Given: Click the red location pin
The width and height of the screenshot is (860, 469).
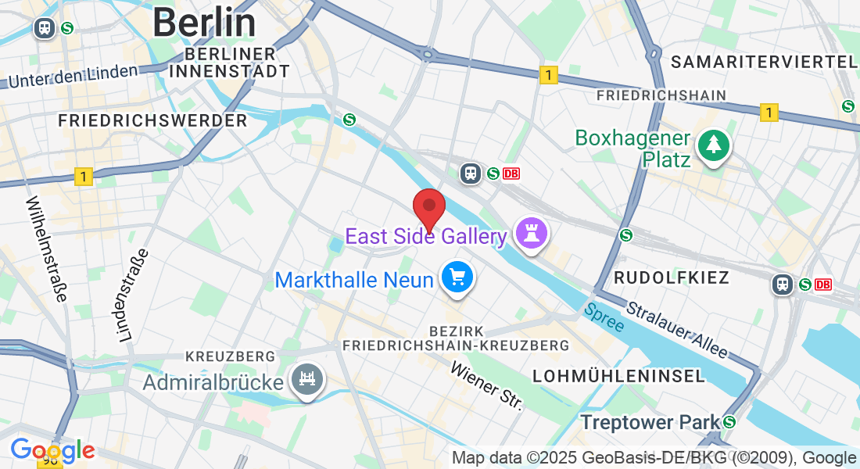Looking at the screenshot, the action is (x=429, y=207).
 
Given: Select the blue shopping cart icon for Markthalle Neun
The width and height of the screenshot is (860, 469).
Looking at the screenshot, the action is (x=457, y=277).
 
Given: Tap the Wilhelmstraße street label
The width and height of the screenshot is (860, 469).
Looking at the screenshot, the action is (x=47, y=249).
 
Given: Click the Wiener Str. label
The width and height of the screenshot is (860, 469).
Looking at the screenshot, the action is (x=486, y=384).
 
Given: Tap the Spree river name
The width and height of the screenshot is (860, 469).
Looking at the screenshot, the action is (x=604, y=316).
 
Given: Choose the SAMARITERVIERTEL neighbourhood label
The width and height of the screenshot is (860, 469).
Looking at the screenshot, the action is (x=764, y=62).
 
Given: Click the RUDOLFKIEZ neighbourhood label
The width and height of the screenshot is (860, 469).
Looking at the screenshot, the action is (x=671, y=277).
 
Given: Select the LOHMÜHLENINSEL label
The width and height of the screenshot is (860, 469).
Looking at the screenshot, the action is (x=618, y=376).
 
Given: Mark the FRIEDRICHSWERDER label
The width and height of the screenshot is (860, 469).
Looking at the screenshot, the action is (x=152, y=120).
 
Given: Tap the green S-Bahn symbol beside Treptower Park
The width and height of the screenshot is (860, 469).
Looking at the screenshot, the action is (x=729, y=422).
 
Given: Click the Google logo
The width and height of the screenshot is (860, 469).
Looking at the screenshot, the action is (x=52, y=450).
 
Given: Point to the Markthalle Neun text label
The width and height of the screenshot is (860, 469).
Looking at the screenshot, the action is (x=354, y=279).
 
